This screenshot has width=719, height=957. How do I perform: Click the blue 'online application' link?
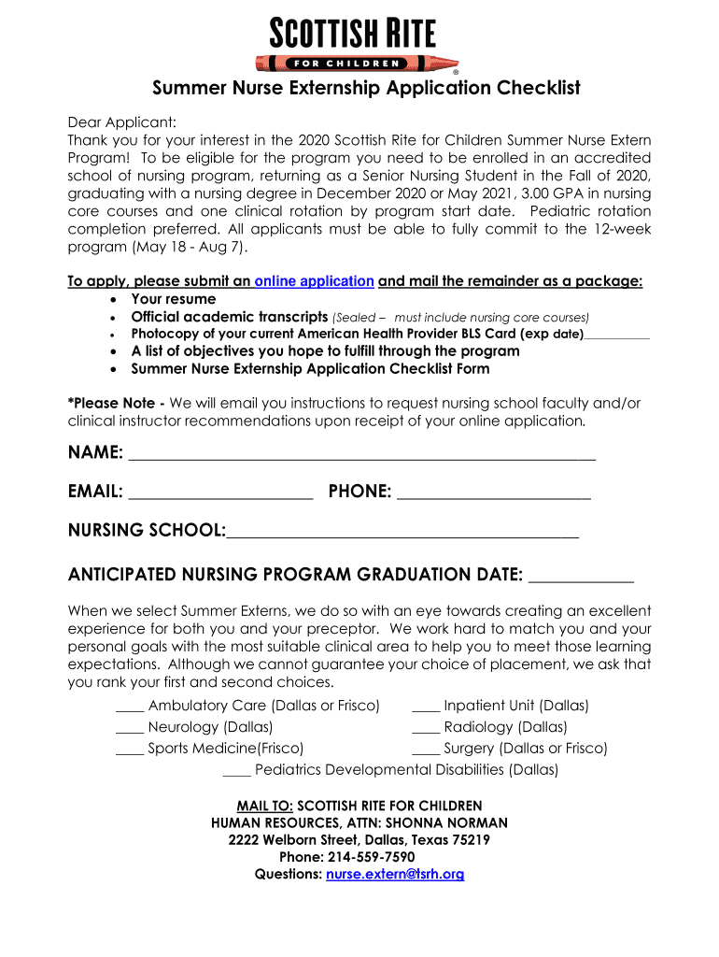(x=314, y=281)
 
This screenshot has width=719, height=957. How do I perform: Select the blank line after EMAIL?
(x=220, y=495)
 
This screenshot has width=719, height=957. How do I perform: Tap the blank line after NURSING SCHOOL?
(x=402, y=535)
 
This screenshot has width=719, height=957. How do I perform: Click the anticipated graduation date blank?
(x=580, y=577)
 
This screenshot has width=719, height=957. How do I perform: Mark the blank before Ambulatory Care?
(x=130, y=708)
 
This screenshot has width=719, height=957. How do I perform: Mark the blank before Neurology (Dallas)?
(x=130, y=730)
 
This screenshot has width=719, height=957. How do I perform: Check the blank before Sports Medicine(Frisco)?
(x=130, y=751)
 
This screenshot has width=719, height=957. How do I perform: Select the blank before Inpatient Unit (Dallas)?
(x=426, y=708)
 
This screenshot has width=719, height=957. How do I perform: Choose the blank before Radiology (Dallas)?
(x=426, y=730)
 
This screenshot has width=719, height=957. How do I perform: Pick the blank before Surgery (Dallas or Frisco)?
(x=426, y=751)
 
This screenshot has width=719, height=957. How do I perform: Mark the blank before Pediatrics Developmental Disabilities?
(x=236, y=773)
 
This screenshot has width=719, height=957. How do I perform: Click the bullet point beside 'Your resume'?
(x=113, y=300)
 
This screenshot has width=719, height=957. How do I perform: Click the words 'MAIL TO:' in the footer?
(x=265, y=806)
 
